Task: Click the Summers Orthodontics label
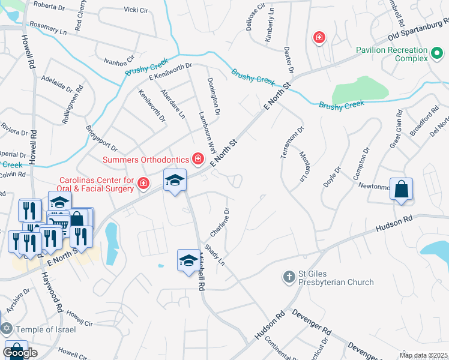146,159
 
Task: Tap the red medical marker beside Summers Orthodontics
197,159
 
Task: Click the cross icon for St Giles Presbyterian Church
289,277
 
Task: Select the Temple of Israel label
46,329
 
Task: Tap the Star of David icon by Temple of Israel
7,329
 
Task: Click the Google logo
20,353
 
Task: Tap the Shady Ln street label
214,255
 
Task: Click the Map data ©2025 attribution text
423,355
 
